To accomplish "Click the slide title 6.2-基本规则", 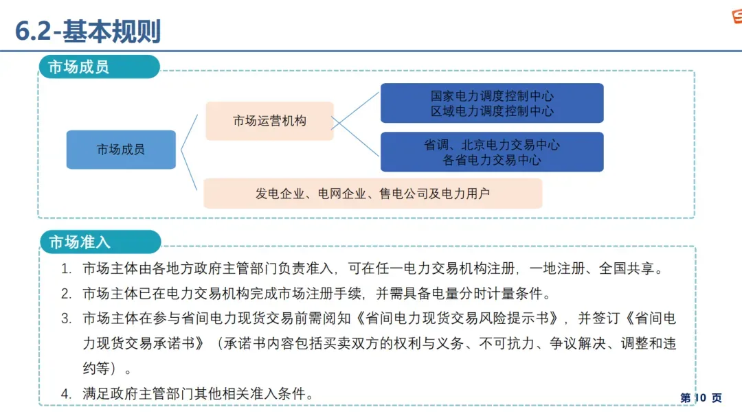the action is coord(88,31).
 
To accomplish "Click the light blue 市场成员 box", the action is coord(121,150).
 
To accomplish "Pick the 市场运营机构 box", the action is coord(269,121).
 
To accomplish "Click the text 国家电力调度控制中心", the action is coord(492,96).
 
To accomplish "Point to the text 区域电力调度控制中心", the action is coord(492,111).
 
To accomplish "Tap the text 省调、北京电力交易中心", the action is coord(492,145).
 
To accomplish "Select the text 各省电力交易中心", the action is coord(492,160).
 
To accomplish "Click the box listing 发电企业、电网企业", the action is coord(372,194).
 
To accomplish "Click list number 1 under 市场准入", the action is coord(66,268).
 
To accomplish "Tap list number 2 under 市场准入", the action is coord(66,294).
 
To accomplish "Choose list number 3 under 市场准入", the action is coord(66,318).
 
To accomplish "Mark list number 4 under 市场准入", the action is coord(66,394).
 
